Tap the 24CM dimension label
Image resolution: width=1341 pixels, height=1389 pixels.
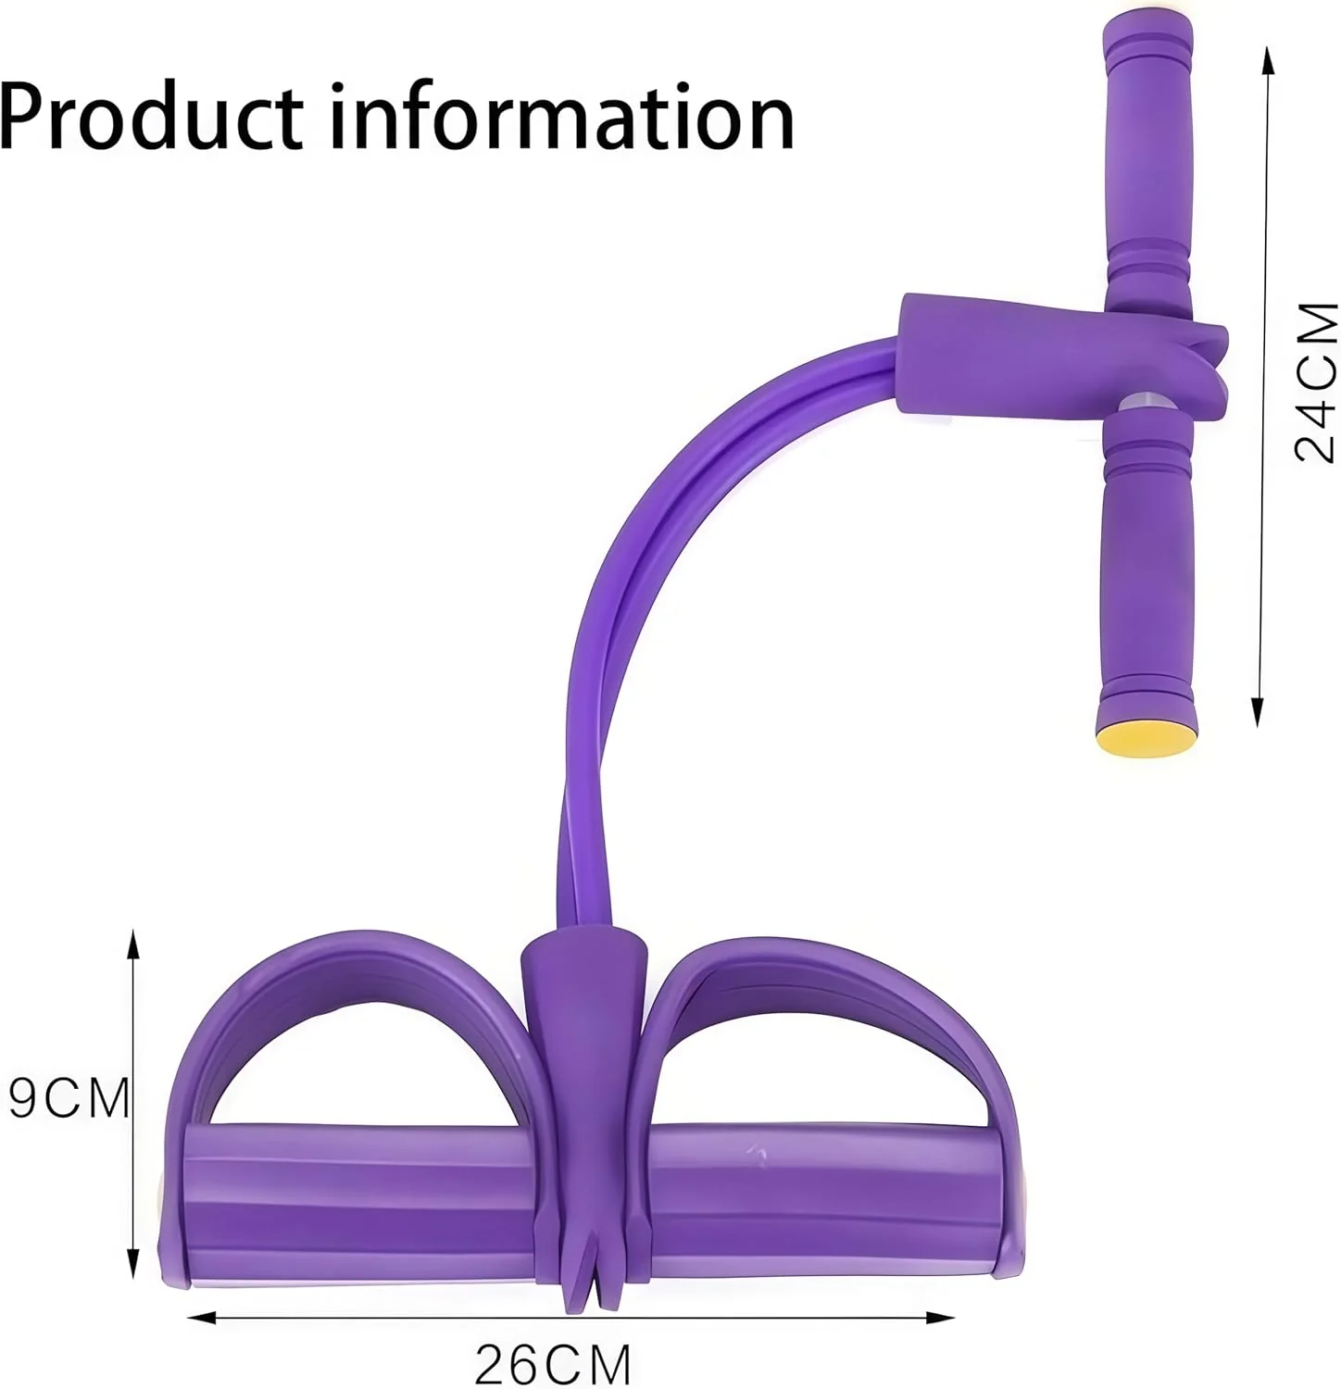click(x=1315, y=382)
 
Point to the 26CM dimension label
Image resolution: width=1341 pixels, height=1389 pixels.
click(x=553, y=1364)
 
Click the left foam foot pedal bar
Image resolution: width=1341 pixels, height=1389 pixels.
click(x=361, y=1204)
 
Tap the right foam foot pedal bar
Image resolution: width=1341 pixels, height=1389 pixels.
click(x=824, y=1204)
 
